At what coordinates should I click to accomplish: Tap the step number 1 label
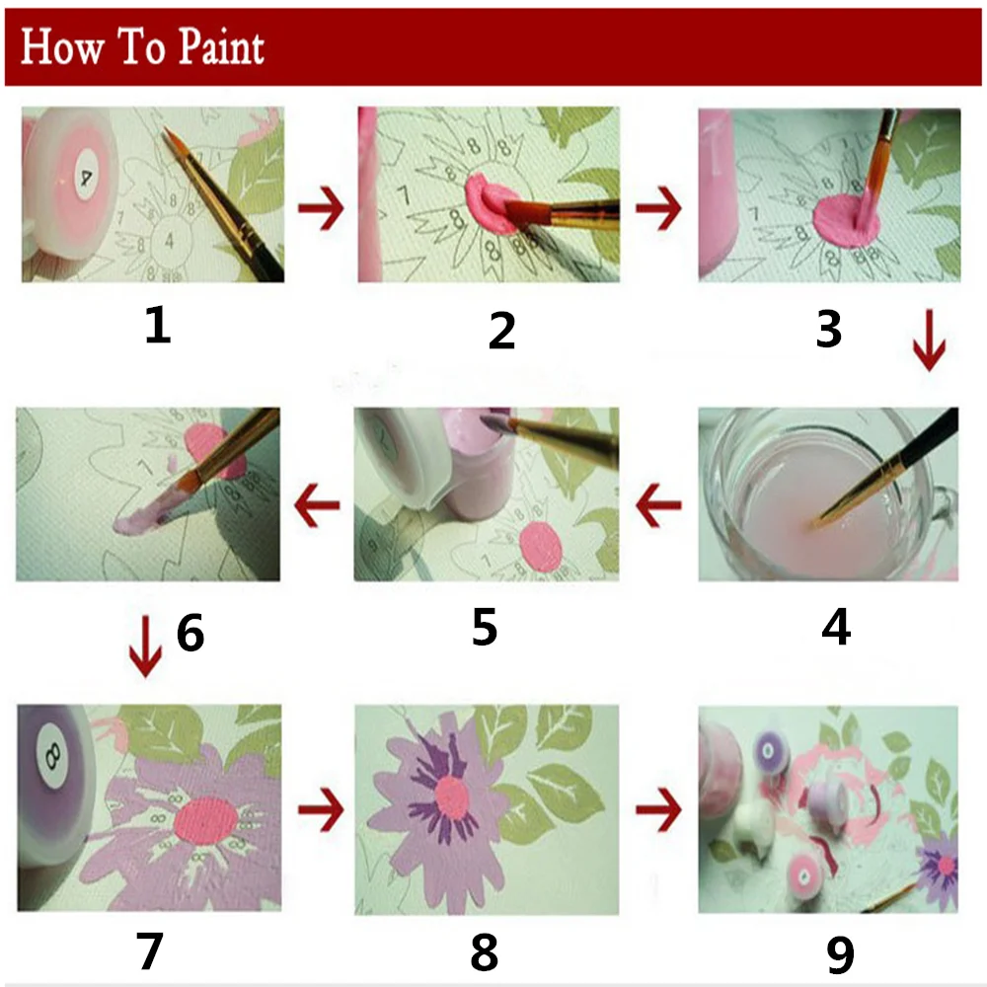157,325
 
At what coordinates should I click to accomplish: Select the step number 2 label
501,330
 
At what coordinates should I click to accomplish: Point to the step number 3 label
829,330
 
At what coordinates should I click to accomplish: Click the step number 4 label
835,628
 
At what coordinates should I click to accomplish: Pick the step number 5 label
484,628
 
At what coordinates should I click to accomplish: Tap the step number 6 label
190,633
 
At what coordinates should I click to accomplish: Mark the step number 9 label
838,953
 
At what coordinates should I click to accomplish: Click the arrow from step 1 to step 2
320,210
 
